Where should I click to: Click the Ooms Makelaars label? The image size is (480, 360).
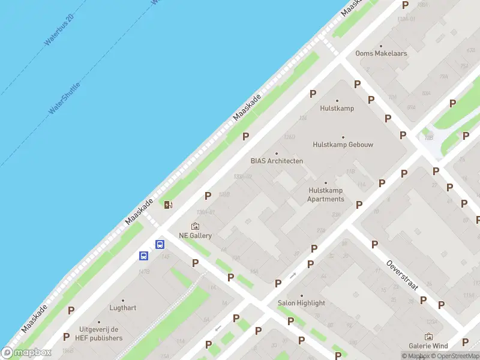[381, 53]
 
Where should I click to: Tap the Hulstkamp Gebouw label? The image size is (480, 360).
[343, 145]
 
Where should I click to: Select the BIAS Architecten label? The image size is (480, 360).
[277, 161]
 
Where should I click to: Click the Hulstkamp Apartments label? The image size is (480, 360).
[326, 194]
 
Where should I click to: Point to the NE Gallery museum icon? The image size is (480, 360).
[195, 226]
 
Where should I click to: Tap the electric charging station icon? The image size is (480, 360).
[169, 205]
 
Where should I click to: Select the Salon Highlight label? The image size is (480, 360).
[301, 303]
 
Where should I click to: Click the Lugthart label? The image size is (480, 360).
[123, 308]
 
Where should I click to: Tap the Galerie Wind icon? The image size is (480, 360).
[428, 337]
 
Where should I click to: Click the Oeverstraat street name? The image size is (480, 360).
[401, 275]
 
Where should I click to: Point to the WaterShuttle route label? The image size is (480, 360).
[64, 98]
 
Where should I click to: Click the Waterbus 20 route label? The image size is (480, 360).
[59, 31]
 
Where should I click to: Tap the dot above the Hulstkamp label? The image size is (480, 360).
[337, 101]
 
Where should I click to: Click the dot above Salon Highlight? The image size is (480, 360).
[301, 295]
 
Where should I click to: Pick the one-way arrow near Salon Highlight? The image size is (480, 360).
[293, 275]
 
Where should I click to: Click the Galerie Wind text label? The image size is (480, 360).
[428, 346]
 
